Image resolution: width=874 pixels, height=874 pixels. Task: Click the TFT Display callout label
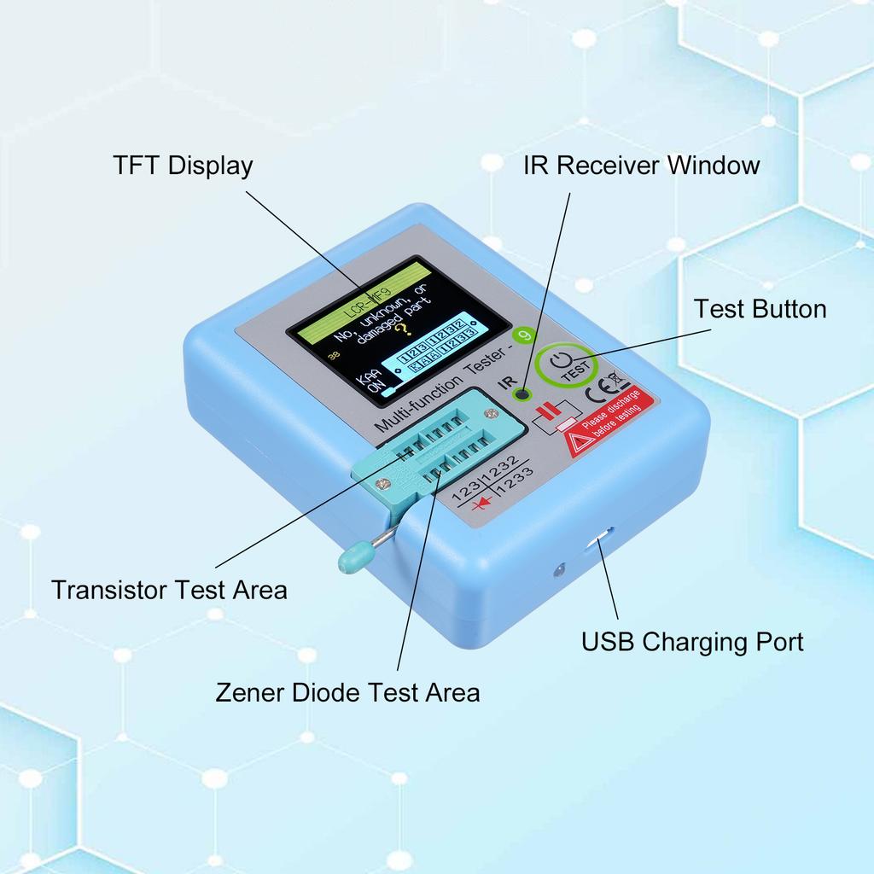coord(183,165)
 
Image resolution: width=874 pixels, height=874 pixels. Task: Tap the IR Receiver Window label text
coord(641,165)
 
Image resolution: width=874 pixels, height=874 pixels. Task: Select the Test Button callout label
coord(760,308)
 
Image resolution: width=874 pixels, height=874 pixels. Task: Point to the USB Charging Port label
coord(692,641)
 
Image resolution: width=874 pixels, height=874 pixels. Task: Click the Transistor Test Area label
coord(169,589)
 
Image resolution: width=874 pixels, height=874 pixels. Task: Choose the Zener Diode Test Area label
coord(347,691)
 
